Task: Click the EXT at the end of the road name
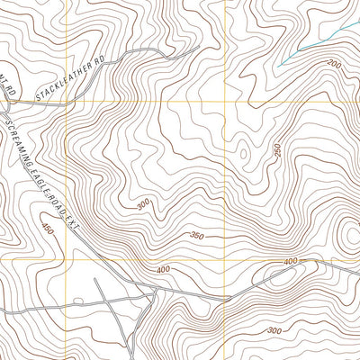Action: [73, 220]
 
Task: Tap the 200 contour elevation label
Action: [335, 65]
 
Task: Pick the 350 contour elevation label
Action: [199, 236]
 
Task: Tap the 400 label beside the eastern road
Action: [290, 262]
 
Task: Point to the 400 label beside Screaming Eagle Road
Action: [163, 269]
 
